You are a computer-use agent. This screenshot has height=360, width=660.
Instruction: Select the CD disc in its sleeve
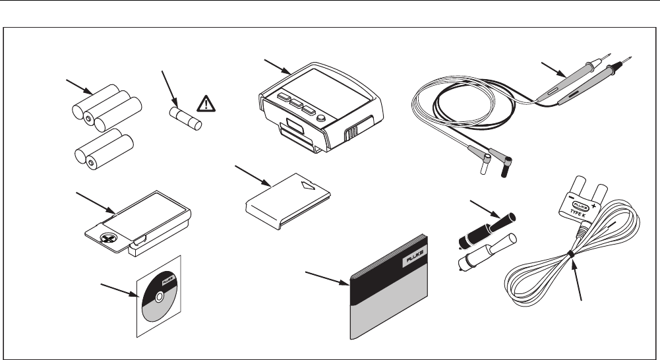[x=156, y=297]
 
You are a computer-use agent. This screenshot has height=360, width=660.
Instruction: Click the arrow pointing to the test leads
[x=551, y=69]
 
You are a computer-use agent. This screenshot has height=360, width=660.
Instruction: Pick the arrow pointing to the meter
[x=277, y=67]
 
